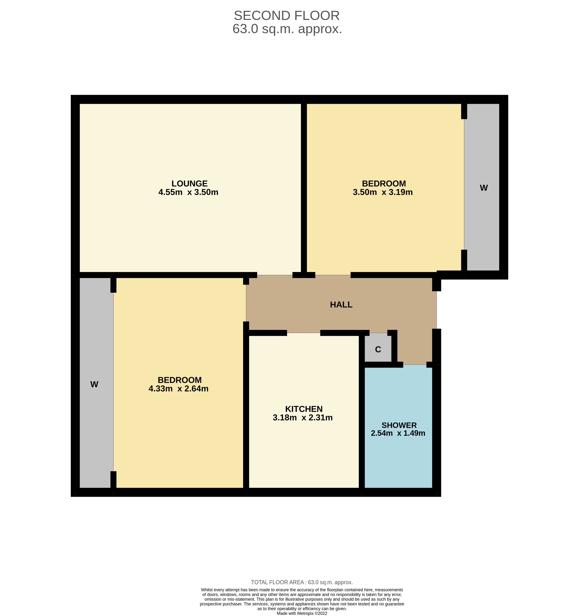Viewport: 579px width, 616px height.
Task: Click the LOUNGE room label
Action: (x=189, y=183)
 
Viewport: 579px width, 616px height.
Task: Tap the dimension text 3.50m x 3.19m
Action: (x=383, y=192)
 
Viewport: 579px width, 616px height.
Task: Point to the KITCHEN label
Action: (x=304, y=409)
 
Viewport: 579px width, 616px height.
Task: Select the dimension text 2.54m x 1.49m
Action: (x=398, y=433)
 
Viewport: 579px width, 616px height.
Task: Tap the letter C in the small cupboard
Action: (x=378, y=349)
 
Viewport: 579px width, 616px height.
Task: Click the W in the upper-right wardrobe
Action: (x=484, y=188)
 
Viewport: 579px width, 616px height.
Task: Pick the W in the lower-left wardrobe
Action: (x=94, y=385)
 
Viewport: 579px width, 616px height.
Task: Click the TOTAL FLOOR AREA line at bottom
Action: (x=302, y=583)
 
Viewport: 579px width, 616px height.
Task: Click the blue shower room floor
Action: (x=398, y=459)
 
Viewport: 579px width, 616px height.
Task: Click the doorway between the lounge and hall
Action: (x=275, y=275)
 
